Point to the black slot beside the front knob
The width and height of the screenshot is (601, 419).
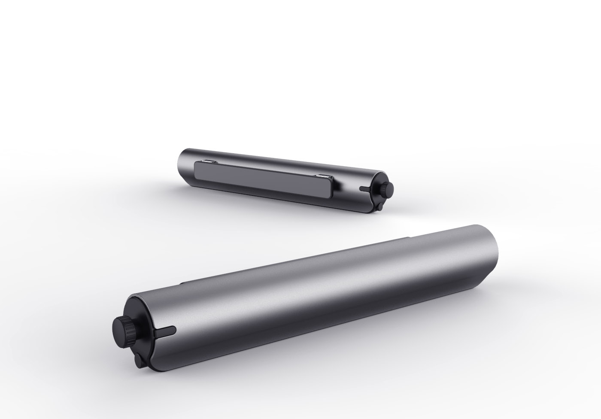point(165,331)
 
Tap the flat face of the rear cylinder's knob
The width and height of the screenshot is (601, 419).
point(390,188)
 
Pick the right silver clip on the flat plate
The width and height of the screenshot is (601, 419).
point(323,176)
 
